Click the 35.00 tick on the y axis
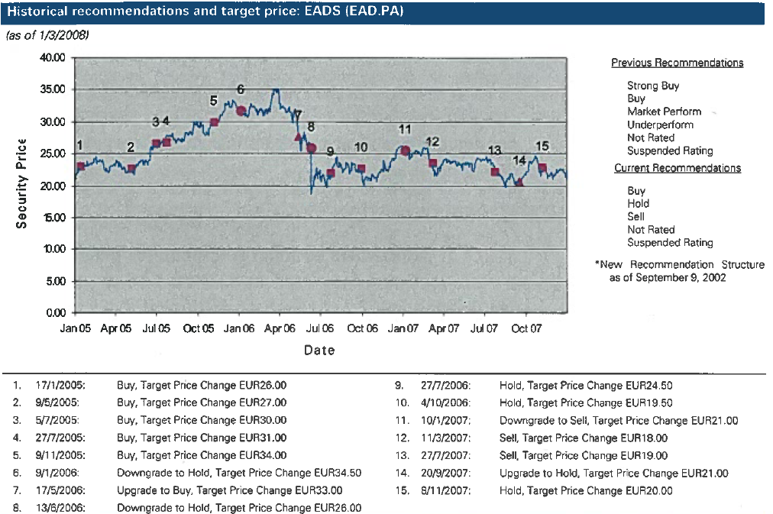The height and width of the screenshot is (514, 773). click(x=51, y=89)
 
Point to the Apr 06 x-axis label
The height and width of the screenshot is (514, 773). click(x=279, y=329)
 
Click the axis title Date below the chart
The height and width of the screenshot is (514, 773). click(x=319, y=351)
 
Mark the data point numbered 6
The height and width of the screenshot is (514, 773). click(x=241, y=111)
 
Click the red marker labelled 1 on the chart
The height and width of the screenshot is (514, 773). click(x=80, y=166)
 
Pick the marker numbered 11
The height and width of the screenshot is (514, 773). click(x=406, y=150)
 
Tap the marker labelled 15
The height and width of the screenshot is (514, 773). click(x=542, y=167)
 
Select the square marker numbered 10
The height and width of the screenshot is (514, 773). click(x=361, y=168)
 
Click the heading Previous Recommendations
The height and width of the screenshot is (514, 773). click(x=677, y=63)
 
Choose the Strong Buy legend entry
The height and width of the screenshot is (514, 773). click(x=652, y=86)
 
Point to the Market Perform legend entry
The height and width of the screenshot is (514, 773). click(x=664, y=112)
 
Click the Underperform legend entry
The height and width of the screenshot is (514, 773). click(x=660, y=124)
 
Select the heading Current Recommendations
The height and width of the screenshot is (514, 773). click(x=677, y=168)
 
